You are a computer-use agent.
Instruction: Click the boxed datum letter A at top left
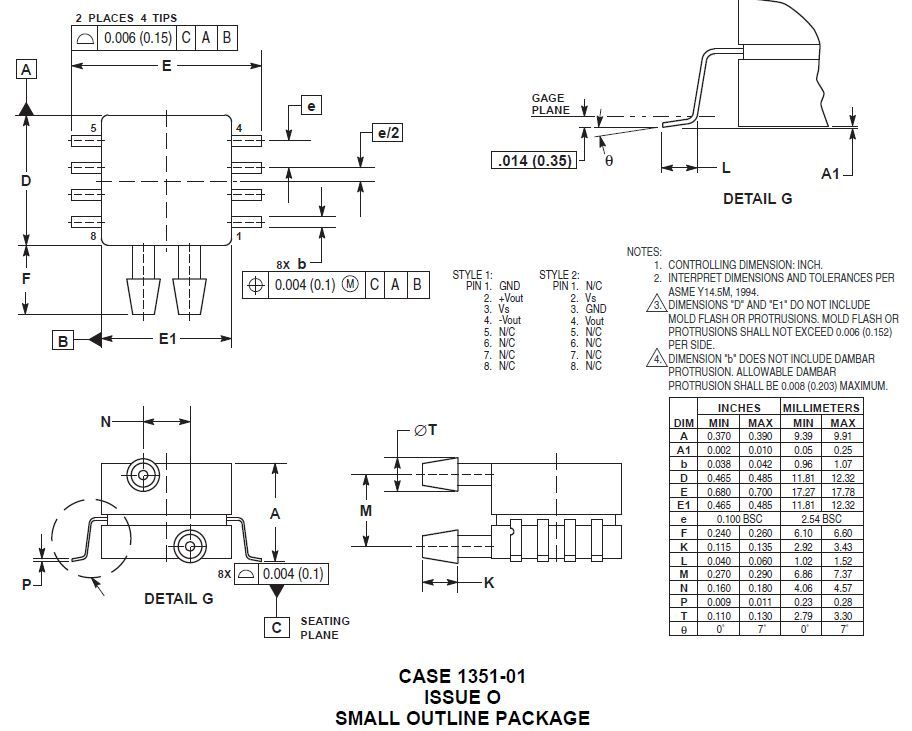[26, 69]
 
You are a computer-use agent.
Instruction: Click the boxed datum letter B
[62, 341]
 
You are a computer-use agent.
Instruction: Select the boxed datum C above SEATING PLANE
[277, 627]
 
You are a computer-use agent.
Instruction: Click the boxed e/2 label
[387, 133]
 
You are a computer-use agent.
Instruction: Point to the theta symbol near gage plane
[608, 160]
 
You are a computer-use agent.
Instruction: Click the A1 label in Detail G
[830, 174]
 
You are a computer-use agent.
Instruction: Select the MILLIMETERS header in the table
[821, 408]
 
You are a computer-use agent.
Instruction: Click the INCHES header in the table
[739, 408]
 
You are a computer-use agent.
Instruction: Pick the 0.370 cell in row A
[718, 436]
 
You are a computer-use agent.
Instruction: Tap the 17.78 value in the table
[843, 492]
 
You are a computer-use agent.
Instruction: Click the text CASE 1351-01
[462, 676]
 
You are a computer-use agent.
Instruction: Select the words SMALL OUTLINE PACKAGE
[462, 717]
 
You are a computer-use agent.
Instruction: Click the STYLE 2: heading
[559, 274]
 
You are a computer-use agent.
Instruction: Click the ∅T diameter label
[424, 430]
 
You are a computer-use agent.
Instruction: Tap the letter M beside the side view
[366, 511]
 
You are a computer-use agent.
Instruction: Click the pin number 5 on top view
[93, 128]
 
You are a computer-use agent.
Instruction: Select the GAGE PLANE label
[548, 104]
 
